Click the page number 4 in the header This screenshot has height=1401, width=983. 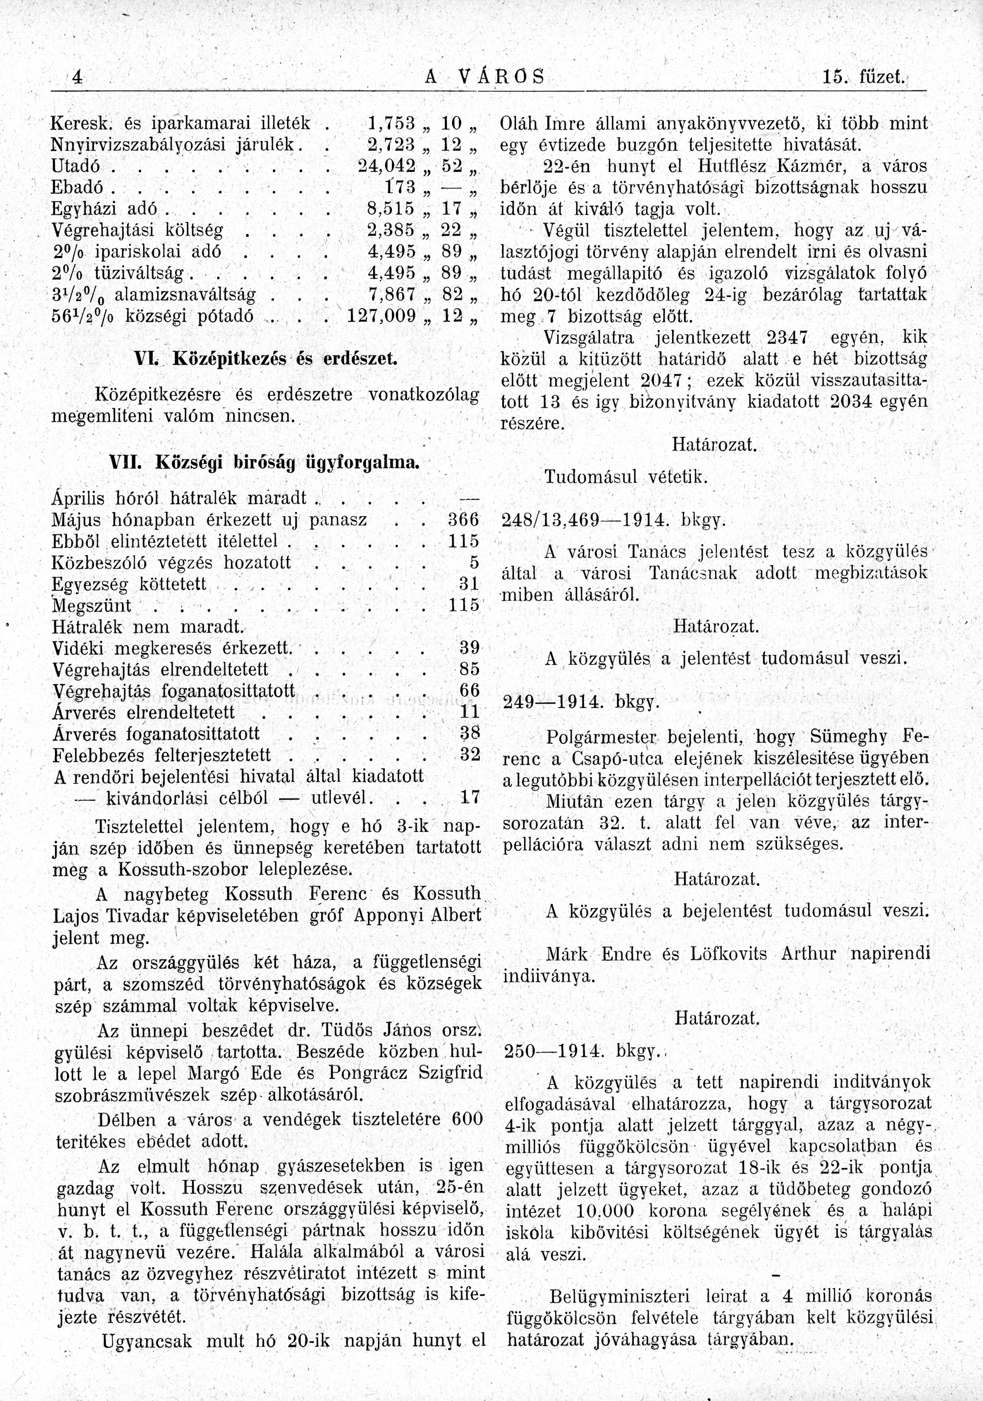click(77, 78)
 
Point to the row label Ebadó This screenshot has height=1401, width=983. click(76, 187)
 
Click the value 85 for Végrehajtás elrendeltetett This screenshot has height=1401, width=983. click(469, 669)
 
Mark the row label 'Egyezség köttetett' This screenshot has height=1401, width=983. click(130, 584)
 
